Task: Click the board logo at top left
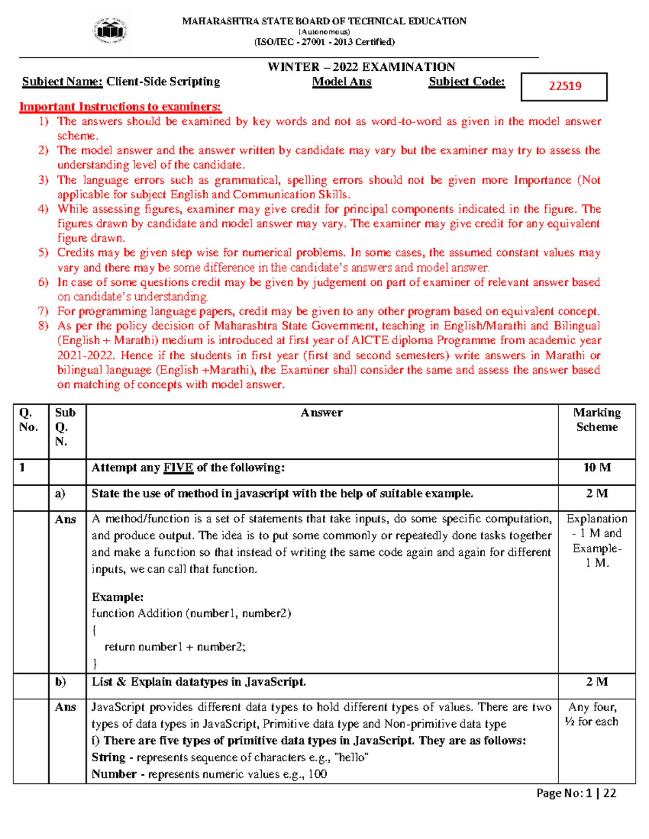click(110, 31)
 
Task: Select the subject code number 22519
click(565, 86)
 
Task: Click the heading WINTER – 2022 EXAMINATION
click(361, 67)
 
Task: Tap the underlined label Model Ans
click(342, 82)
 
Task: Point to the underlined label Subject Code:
click(467, 82)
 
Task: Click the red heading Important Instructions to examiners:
click(120, 106)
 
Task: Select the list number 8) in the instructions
click(43, 326)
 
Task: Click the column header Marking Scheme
click(597, 420)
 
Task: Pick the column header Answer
click(322, 413)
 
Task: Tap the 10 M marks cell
click(597, 467)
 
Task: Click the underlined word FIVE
click(178, 468)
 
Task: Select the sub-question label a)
click(59, 493)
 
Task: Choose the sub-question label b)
click(60, 682)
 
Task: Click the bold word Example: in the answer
click(117, 597)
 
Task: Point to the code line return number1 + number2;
click(175, 647)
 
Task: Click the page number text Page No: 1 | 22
click(576, 793)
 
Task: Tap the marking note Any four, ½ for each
click(592, 714)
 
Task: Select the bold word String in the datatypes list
click(108, 757)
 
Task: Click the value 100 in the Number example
click(317, 774)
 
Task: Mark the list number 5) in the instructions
click(43, 253)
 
